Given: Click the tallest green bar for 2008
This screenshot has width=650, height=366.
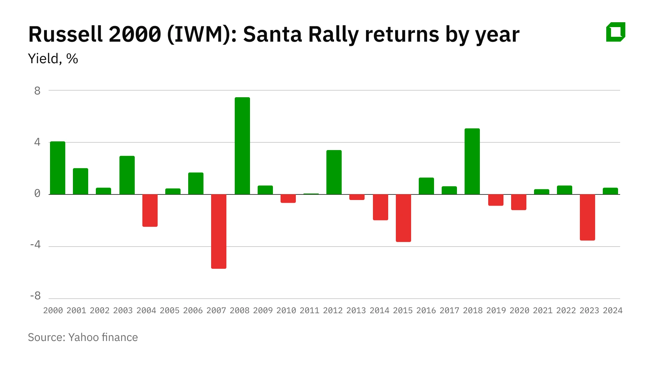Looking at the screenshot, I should (x=242, y=146).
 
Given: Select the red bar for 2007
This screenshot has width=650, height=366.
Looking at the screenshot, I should (x=219, y=231).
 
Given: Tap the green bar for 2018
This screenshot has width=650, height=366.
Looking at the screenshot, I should (x=472, y=161).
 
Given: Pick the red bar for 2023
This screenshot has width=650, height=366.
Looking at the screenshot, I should (x=587, y=217).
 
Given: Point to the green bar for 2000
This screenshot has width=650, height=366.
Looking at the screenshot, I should (x=58, y=168).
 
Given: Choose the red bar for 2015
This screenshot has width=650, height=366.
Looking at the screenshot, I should (x=403, y=218).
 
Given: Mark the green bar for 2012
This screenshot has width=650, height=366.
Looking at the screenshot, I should (x=334, y=172).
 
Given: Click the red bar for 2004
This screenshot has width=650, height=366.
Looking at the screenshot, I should (x=150, y=210).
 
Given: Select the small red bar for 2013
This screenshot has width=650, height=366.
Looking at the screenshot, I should (x=357, y=197).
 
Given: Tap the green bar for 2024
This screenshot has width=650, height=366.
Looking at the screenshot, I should (x=610, y=191).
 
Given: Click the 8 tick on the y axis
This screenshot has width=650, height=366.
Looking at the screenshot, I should (x=37, y=91).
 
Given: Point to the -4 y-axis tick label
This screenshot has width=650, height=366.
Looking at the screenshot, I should (x=35, y=245).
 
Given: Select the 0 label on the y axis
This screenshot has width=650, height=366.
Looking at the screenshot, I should (x=37, y=193).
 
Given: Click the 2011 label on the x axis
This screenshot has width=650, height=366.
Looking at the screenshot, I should (x=309, y=310).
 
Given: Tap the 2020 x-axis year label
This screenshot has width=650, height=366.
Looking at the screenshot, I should (x=519, y=310).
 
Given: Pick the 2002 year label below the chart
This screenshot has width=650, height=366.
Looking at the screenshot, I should (x=100, y=310).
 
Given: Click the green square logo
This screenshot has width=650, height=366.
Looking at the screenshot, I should (x=616, y=32).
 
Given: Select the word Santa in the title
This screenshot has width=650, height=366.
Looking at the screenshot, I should (x=273, y=34).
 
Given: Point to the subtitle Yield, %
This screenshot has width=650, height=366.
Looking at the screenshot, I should (x=53, y=59).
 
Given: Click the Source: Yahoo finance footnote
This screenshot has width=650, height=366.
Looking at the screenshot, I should (x=83, y=337).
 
